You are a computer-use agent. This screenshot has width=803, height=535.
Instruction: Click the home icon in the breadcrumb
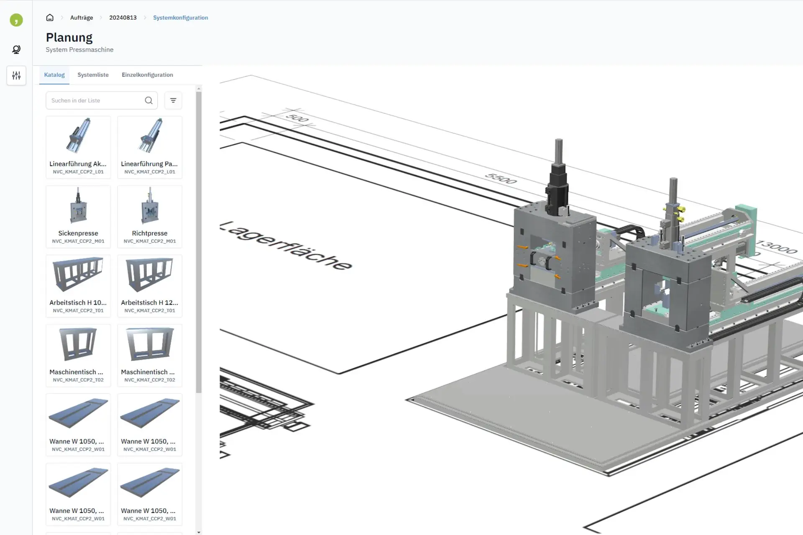pos(50,18)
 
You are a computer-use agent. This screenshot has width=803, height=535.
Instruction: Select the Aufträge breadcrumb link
pos(82,18)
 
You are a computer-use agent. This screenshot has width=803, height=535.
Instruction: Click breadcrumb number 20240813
pos(123,18)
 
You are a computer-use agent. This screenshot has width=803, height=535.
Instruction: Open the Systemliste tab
pos(93,75)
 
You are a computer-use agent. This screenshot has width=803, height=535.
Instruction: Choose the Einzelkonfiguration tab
pos(147,75)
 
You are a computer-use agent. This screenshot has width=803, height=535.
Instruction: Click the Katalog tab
pos(54,75)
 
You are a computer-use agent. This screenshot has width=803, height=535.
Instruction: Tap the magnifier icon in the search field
pos(148,100)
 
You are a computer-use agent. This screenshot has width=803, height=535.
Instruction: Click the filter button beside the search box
pos(173,100)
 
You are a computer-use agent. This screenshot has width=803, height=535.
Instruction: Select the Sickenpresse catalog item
pos(78,217)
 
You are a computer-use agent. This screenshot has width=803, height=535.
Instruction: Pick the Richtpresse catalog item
pos(150,217)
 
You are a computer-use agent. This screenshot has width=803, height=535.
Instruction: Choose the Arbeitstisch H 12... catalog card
pos(150,286)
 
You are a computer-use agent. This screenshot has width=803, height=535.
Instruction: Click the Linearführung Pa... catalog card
pos(150,147)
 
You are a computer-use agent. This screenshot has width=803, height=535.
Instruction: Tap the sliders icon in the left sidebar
pos(16,76)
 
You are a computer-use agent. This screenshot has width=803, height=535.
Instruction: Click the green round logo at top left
pos(16,20)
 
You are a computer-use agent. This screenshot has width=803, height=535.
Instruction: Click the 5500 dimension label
pos(501,178)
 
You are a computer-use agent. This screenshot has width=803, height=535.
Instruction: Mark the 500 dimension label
pos(297,118)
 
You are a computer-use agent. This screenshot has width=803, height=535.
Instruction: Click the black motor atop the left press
pos(557,188)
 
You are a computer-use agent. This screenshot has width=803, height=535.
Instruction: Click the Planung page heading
pos(69,37)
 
